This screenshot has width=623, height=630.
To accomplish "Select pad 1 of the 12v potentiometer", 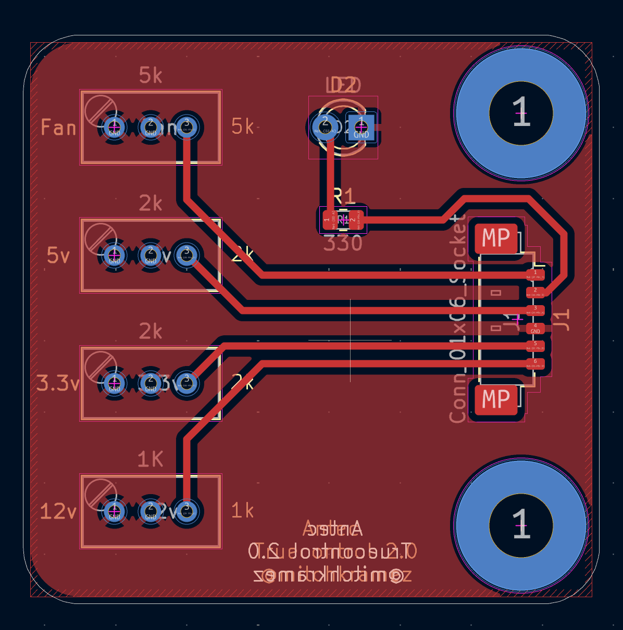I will pyautogui.click(x=115, y=511).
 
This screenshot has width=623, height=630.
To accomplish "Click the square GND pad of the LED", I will pyautogui.click(x=361, y=127).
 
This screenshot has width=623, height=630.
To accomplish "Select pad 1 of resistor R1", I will pyautogui.click(x=328, y=220).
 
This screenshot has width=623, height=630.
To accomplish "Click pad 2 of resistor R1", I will pyautogui.click(x=356, y=220).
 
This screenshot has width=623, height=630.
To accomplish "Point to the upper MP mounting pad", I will pyautogui.click(x=496, y=238).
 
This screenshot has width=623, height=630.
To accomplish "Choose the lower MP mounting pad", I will pyautogui.click(x=496, y=400).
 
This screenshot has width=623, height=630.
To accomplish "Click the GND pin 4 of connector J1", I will pyautogui.click(x=535, y=329).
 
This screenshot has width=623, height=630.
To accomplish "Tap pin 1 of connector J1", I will pyautogui.click(x=535, y=274).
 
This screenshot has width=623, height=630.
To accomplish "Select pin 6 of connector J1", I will pyautogui.click(x=535, y=363).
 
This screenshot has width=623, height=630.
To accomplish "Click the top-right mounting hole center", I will pyautogui.click(x=521, y=113).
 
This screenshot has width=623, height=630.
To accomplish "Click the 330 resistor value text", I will pyautogui.click(x=343, y=244).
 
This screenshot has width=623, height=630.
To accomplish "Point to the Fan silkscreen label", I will pyautogui.click(x=58, y=128).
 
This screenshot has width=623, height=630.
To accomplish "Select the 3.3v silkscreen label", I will pyautogui.click(x=58, y=384).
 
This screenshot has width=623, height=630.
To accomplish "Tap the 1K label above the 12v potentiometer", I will pyautogui.click(x=150, y=460).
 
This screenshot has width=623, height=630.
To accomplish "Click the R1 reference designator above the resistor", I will pyautogui.click(x=344, y=196).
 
